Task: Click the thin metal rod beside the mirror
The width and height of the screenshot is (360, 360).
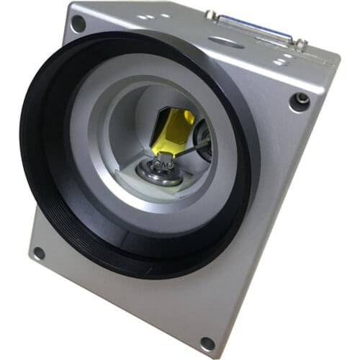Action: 192,149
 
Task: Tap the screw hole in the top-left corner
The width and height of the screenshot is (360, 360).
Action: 78,24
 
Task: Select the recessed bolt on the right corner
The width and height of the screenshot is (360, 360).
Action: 302,100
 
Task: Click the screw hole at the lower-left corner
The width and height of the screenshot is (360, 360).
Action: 38,253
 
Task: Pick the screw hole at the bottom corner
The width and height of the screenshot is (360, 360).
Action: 207,343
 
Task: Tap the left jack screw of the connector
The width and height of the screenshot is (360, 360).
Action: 212,14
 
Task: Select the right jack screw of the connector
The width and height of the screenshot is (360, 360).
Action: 301,44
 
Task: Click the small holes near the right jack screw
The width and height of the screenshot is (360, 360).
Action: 284,58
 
